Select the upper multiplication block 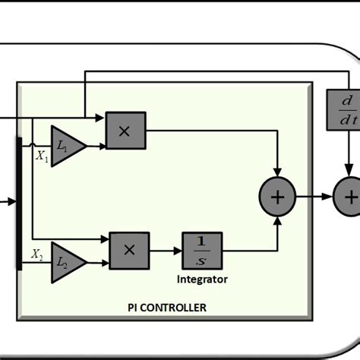tap(125, 131)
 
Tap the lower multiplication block tap(129, 248)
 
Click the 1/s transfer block tap(201, 248)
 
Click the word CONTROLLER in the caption tap(183, 308)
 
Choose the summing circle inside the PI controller tap(279, 197)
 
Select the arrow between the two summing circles tap(315, 197)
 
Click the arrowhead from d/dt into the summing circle tap(349, 174)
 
